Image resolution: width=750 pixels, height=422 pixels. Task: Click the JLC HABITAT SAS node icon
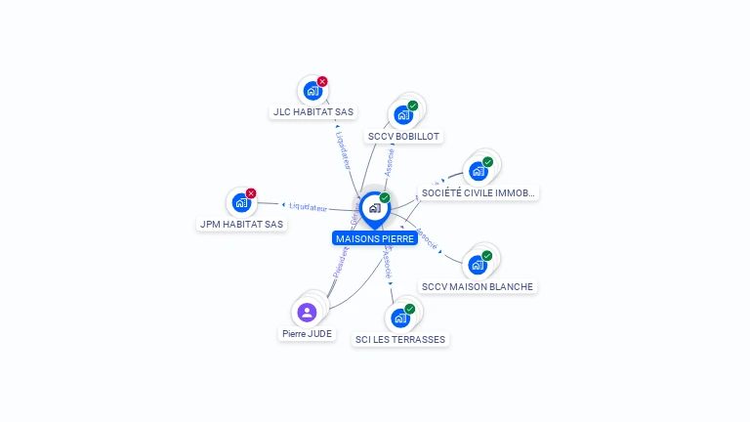tap(312, 91)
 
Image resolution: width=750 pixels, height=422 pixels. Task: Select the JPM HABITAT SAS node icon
tap(240, 203)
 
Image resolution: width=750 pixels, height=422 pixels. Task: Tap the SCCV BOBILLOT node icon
tap(402, 115)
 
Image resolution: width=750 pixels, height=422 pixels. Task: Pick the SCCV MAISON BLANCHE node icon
tap(477, 265)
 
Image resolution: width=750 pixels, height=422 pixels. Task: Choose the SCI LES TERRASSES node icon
tap(399, 317)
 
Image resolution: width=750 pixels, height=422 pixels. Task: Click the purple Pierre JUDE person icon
tap(307, 313)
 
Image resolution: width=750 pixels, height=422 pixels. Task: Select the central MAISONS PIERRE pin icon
tap(374, 208)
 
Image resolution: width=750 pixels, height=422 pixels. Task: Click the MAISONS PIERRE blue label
tap(375, 238)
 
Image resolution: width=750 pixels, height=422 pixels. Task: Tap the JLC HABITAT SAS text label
tap(312, 112)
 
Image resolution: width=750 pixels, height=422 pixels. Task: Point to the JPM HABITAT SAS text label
tap(241, 225)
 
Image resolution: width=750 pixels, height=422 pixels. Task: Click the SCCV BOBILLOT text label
tap(403, 137)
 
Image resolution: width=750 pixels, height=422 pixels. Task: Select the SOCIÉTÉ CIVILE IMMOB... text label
tap(478, 193)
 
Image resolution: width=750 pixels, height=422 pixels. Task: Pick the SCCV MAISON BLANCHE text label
tap(478, 287)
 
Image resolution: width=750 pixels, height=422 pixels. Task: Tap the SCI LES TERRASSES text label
tap(400, 340)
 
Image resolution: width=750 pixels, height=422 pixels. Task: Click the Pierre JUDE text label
tap(307, 334)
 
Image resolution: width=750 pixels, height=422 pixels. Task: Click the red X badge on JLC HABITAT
tap(322, 81)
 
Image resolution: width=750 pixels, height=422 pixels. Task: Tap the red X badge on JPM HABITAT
tap(251, 193)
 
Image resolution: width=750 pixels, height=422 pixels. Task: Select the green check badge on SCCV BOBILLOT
tap(413, 105)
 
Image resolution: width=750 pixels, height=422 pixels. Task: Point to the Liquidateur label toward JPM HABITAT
tap(309, 206)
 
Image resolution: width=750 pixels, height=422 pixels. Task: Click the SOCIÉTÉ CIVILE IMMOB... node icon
tap(478, 171)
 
